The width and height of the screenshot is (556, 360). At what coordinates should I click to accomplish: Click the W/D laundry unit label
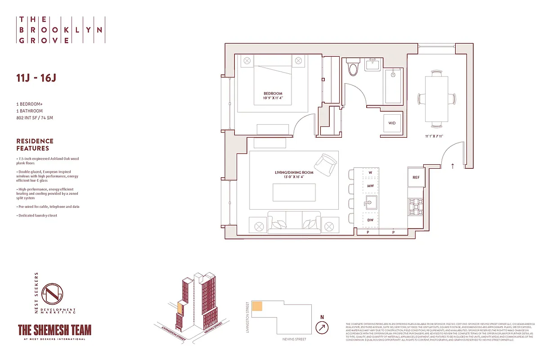391,123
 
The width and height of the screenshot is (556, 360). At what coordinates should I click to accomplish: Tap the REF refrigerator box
416,177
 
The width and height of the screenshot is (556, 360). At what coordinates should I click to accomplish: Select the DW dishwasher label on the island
370,220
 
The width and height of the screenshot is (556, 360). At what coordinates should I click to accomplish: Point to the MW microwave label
370,186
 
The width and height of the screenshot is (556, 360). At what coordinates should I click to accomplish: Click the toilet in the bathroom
353,68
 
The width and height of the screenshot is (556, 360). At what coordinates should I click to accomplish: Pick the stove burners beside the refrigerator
415,206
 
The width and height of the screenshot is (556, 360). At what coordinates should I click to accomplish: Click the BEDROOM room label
273,94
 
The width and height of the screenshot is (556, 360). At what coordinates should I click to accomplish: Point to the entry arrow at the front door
453,166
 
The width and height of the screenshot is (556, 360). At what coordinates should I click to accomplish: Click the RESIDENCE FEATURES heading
35,144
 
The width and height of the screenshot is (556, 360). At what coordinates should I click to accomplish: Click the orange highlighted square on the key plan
257,306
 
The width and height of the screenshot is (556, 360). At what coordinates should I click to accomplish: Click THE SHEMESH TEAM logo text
54,330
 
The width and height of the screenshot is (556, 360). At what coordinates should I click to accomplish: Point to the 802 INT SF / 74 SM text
38,118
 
